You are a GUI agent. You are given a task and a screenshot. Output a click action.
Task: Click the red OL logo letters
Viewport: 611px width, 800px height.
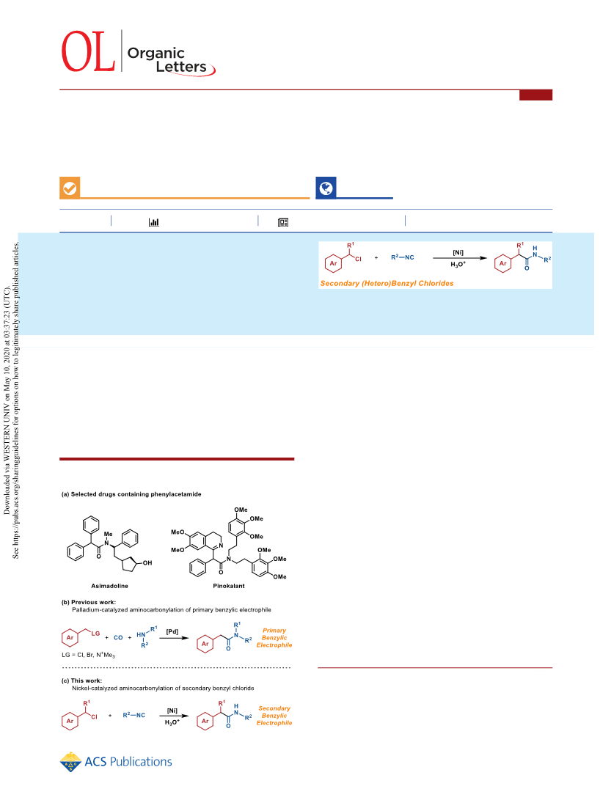(88, 51)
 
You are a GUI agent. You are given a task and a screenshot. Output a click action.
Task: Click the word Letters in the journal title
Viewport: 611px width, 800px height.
(181, 67)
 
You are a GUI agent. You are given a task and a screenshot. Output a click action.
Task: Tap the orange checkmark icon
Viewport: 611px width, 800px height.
(70, 188)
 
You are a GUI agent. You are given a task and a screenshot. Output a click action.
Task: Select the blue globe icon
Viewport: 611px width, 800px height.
(326, 188)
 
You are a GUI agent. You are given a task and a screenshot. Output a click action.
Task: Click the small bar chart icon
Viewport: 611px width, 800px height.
(153, 222)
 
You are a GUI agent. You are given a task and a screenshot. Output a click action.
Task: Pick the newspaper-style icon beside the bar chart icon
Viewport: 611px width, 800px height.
(283, 222)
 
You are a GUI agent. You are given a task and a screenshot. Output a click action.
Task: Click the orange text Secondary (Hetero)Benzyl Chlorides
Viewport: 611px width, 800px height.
(387, 283)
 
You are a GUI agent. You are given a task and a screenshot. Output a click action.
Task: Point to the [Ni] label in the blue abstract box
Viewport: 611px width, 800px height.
(458, 252)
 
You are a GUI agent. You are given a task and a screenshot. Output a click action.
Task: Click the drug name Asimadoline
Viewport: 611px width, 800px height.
(110, 586)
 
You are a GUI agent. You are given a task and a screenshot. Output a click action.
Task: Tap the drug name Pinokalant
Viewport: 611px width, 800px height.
(229, 586)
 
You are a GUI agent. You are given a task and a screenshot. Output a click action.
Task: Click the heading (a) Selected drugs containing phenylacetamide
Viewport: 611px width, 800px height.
(131, 494)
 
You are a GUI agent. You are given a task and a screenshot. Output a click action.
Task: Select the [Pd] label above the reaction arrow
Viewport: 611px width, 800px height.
(172, 631)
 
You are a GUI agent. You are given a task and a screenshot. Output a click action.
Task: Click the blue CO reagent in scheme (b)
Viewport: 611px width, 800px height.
(118, 638)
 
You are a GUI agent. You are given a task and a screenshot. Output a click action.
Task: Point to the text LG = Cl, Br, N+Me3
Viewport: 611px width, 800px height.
(88, 655)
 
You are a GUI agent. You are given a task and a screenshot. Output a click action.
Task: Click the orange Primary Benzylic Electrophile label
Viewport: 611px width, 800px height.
(274, 638)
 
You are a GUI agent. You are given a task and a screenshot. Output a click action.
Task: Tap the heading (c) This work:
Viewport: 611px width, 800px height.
(81, 680)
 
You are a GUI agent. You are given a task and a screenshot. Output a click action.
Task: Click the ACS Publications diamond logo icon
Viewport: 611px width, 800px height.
(70, 763)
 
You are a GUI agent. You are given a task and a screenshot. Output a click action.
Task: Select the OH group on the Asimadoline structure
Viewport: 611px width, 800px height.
(147, 562)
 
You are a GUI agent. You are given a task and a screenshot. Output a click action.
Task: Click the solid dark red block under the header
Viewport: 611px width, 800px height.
(536, 95)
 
